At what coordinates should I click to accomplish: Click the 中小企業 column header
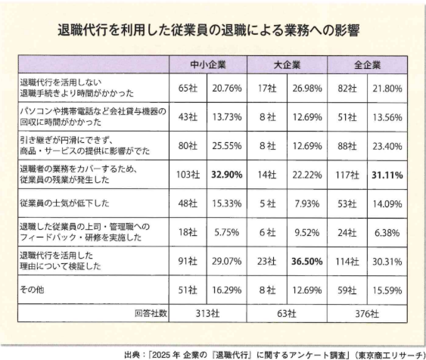208,65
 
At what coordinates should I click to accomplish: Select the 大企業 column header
287,65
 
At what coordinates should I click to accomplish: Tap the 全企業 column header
367,65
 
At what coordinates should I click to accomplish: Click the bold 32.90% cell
227,175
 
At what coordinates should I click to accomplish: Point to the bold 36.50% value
307,261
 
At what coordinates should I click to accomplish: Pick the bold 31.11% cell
387,175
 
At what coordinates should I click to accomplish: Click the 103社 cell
188,175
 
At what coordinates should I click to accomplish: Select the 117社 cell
347,175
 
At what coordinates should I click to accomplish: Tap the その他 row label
32,290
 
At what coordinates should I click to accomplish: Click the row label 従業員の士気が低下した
64,203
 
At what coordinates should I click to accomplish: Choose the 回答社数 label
151,313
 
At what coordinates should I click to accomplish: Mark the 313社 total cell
207,314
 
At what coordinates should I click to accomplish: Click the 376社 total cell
367,314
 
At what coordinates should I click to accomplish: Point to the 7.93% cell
307,203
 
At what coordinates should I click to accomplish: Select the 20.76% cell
227,88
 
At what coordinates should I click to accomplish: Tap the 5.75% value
227,232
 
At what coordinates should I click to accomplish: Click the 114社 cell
347,262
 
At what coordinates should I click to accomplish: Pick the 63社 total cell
287,314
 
